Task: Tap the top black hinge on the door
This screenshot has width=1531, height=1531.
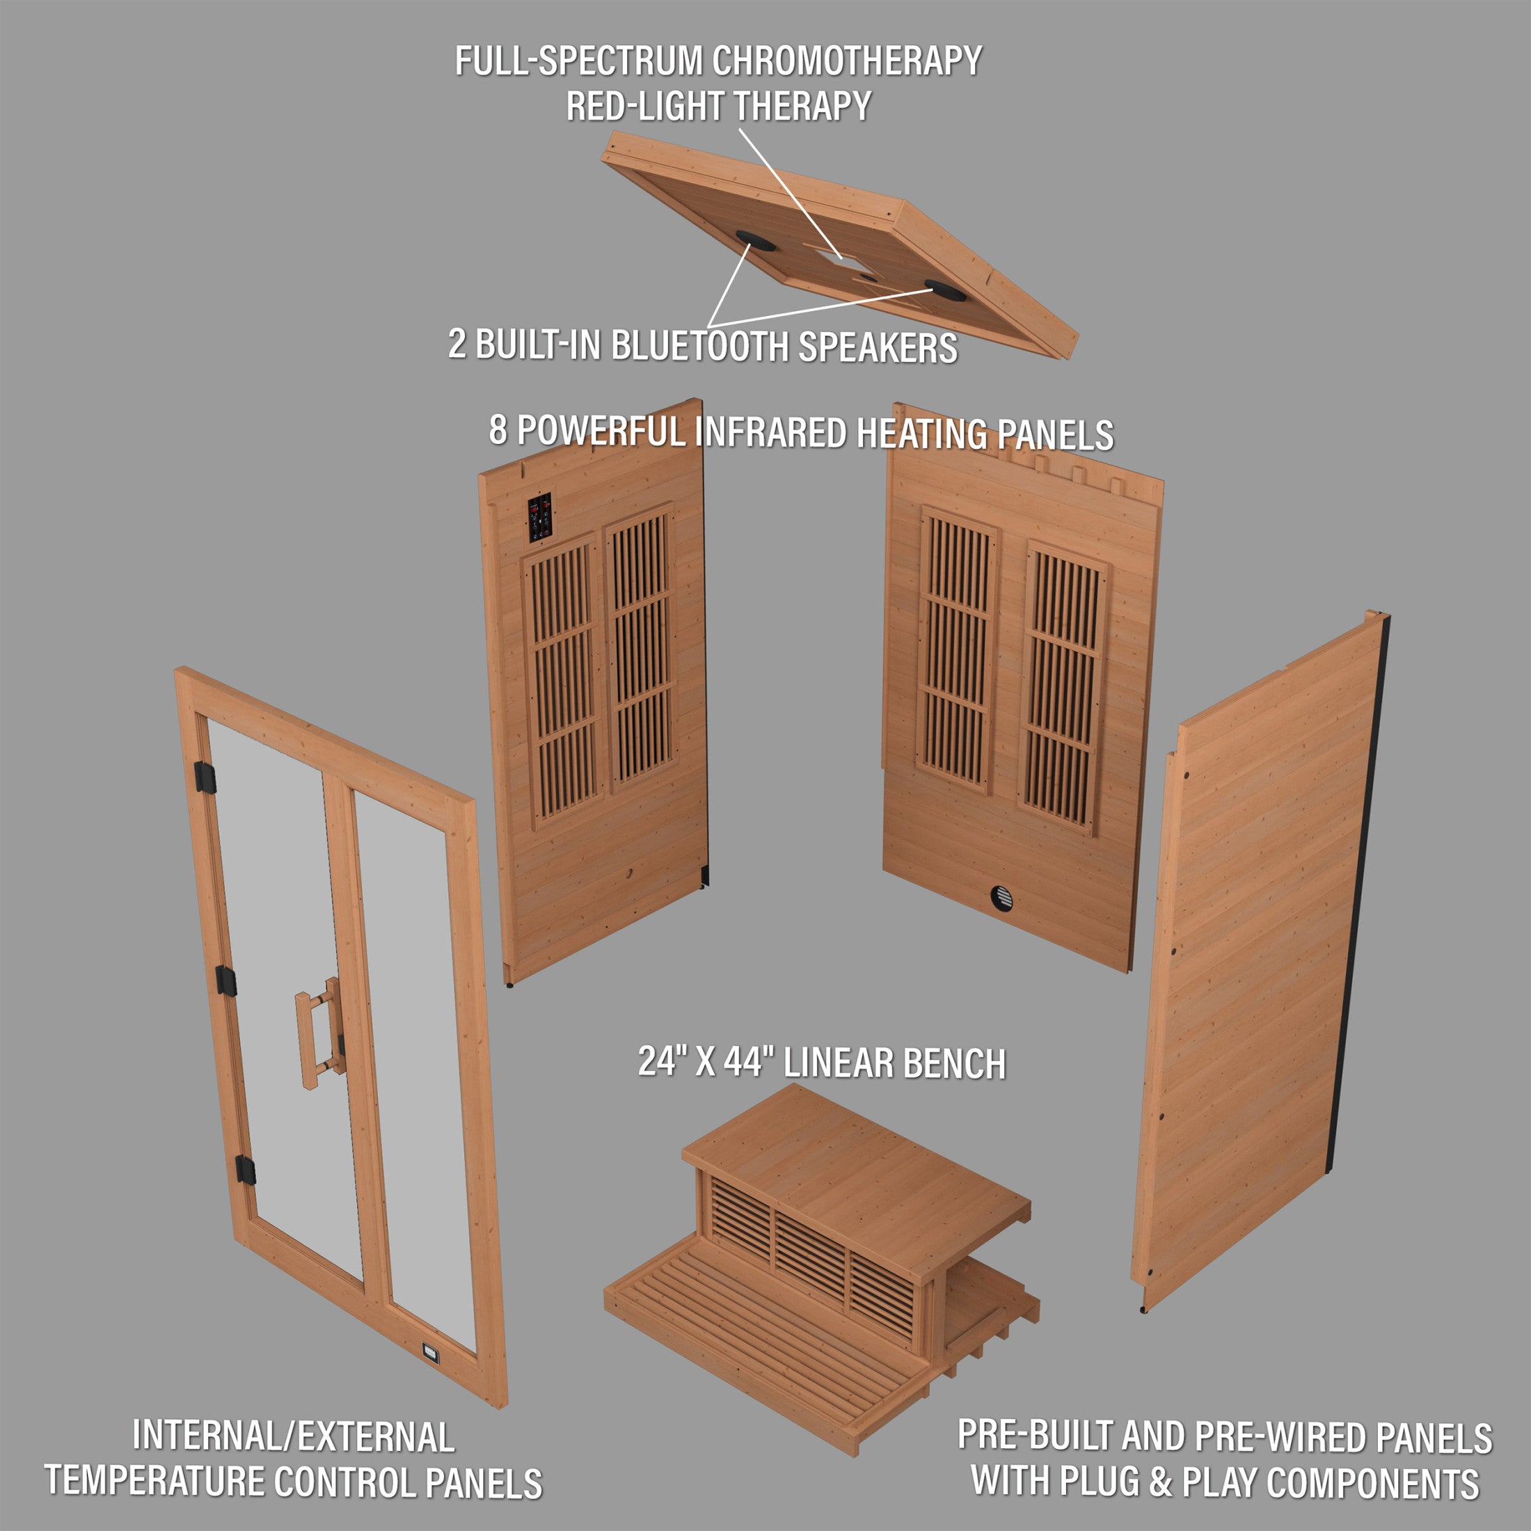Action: point(206,775)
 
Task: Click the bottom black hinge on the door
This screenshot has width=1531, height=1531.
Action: point(246,1170)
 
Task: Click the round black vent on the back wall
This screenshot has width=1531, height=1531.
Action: point(1001,898)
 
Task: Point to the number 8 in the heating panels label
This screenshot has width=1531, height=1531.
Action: point(498,430)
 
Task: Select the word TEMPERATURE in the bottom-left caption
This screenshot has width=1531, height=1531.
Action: point(155,1480)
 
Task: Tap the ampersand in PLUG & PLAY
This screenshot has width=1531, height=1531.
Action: point(1160,1481)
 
